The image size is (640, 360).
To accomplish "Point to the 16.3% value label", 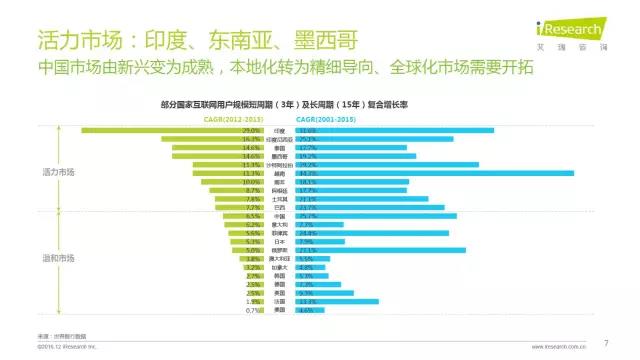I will (x=253, y=139).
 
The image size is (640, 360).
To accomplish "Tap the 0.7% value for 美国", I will (x=253, y=310).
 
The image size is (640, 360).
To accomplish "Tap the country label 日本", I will (x=280, y=241).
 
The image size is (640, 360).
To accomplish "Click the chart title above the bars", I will (x=321, y=104).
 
